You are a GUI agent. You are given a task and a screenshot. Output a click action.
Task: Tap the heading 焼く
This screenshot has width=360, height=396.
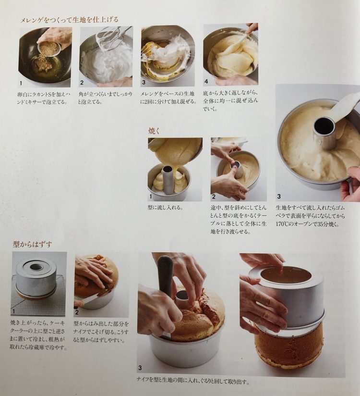click(154, 131)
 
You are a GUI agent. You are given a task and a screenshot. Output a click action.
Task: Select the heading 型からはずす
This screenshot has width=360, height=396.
click(33, 244)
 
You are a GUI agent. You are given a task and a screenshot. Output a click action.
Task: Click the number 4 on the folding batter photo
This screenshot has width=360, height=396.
click(206, 81)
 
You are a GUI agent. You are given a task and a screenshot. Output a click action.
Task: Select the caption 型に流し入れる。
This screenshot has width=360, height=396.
click(165, 208)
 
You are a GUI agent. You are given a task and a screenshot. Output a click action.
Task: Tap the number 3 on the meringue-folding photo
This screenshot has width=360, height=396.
click(144, 82)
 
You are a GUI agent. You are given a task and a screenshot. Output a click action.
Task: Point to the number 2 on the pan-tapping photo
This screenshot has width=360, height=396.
click(214, 197)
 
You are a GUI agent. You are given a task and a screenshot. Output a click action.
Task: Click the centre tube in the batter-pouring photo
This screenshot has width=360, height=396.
click(168, 179)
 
